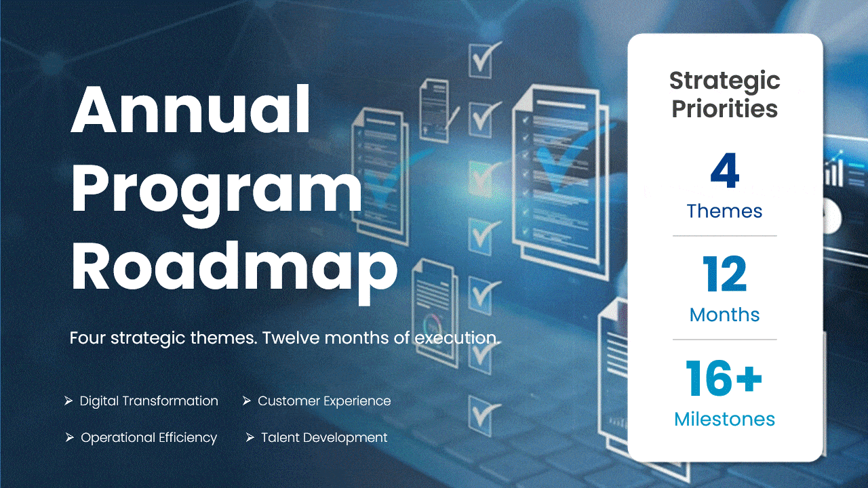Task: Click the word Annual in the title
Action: click(191, 110)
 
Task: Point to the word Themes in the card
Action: click(724, 211)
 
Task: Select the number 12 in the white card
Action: click(724, 275)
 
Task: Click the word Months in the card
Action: click(724, 315)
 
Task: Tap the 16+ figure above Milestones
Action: click(724, 379)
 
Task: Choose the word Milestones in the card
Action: click(724, 420)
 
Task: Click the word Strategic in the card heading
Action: click(724, 81)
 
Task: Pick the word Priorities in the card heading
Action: click(724, 109)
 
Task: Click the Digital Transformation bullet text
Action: click(149, 401)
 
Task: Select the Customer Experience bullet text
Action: click(324, 401)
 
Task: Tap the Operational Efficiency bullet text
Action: click(149, 438)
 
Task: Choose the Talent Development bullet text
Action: click(324, 438)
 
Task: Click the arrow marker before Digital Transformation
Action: click(68, 401)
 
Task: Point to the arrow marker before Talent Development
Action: click(250, 438)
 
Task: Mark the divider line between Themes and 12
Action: click(724, 236)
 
